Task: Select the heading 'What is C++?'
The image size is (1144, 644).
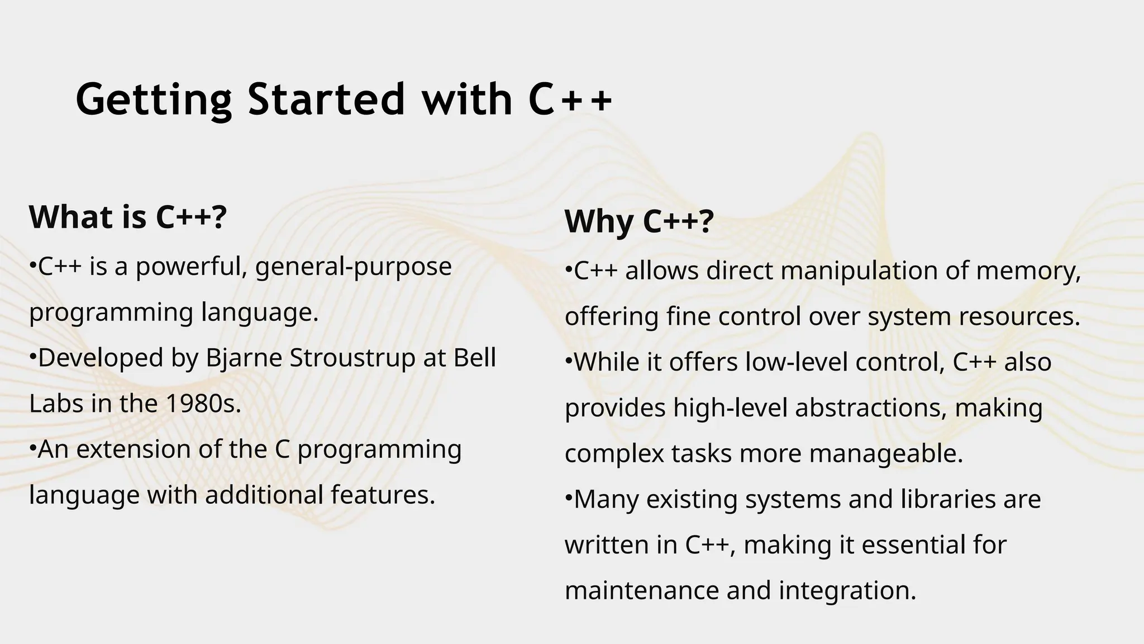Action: (x=128, y=217)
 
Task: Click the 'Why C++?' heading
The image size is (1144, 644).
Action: (x=639, y=221)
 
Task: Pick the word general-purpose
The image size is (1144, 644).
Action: (x=353, y=267)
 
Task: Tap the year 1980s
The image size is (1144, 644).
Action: (x=203, y=404)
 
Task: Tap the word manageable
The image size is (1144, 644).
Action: (x=886, y=453)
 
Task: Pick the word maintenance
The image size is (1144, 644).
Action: (x=642, y=590)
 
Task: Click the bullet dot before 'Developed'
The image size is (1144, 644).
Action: (x=32, y=354)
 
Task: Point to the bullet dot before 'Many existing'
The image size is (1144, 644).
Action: (x=569, y=495)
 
